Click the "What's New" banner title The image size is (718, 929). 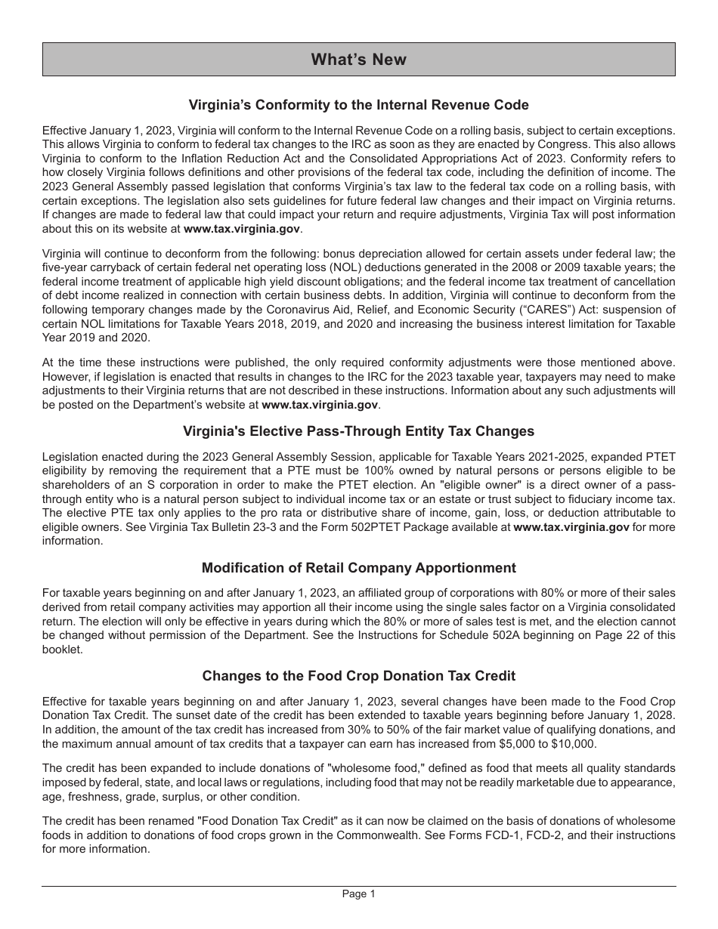pyautogui.click(x=358, y=60)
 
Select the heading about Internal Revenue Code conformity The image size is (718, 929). pyautogui.click(x=358, y=105)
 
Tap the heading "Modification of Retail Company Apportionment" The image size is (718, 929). pyautogui.click(x=358, y=568)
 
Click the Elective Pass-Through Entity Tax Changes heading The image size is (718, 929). pyautogui.click(x=358, y=431)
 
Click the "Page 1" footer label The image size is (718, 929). pyautogui.click(x=358, y=894)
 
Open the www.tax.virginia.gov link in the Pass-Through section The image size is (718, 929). pyautogui.click(x=571, y=527)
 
